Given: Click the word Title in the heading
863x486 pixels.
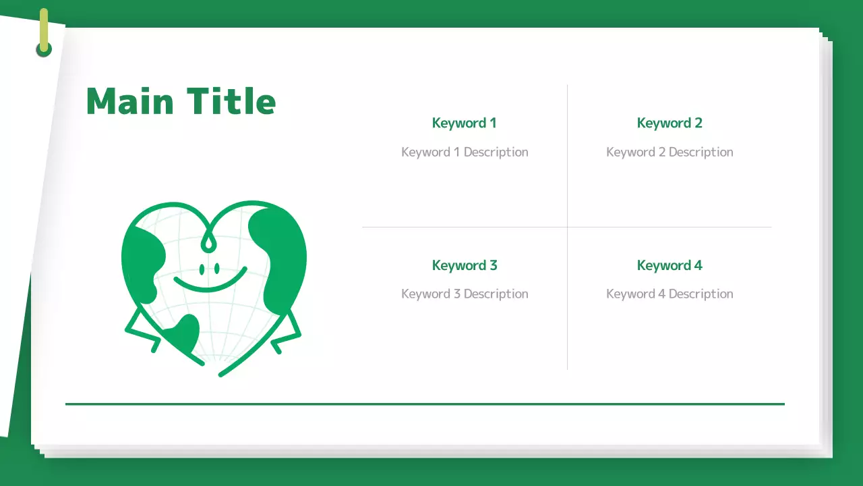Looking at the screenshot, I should point(231,101).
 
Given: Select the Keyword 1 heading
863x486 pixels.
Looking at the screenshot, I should point(464,123).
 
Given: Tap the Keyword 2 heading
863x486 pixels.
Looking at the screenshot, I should point(669,123).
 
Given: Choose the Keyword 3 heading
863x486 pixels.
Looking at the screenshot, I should point(464,265).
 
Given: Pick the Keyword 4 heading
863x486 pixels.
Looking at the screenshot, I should point(669,265).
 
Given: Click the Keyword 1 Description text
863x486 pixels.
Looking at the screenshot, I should point(464,152).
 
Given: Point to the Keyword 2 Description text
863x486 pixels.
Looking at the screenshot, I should point(669,152).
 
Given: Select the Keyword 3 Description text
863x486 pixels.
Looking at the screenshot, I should point(464,294).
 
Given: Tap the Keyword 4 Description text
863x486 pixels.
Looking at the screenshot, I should point(669,294).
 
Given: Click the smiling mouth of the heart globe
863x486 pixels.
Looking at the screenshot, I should point(210,282).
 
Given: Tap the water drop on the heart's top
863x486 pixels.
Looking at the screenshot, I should point(210,241).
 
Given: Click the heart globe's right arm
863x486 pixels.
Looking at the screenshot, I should point(287,332).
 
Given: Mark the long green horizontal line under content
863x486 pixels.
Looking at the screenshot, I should point(425,404).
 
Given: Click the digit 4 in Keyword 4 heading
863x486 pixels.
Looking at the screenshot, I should point(698,265).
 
